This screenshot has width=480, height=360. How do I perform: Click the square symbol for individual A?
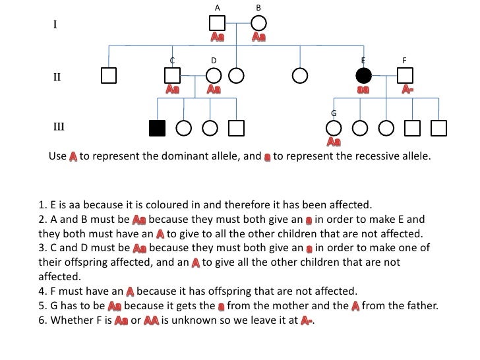[x=217, y=24]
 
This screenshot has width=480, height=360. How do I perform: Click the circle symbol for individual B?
[x=258, y=24]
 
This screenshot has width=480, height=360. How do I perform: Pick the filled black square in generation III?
[x=156, y=127]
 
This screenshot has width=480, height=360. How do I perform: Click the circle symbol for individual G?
[x=334, y=127]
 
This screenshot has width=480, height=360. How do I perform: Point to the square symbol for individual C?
[x=172, y=76]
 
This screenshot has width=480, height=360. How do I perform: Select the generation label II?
[x=57, y=76]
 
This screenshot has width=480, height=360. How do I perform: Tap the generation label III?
[x=59, y=126]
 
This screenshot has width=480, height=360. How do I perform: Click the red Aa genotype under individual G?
[x=334, y=141]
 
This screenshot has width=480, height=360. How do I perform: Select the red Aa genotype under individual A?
[x=217, y=38]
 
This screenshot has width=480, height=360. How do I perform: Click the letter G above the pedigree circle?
[x=334, y=113]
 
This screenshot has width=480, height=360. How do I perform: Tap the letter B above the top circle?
[x=258, y=7]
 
